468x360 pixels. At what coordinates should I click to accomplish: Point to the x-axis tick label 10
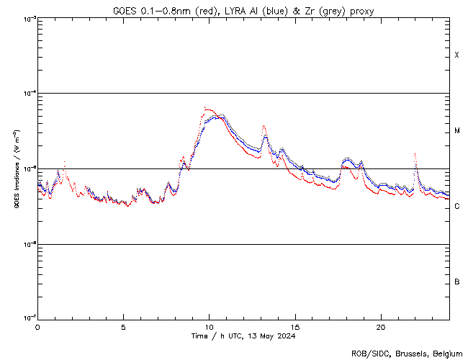coord(210,326)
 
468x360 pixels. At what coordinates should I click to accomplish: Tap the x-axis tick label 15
coord(295,326)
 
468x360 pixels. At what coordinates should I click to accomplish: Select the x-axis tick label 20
coord(381,326)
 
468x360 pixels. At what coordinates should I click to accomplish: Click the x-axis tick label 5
coord(124,326)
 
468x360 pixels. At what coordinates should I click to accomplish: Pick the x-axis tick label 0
coord(37,326)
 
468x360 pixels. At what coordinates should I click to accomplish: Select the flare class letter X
coord(457,55)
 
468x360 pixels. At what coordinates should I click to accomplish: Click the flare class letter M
coord(457,131)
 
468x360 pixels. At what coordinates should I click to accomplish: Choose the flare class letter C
coord(457,207)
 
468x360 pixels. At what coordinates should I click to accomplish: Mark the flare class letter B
coord(457,282)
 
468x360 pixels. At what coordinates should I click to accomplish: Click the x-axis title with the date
coord(243,336)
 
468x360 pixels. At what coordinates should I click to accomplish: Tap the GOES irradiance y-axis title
coord(16,169)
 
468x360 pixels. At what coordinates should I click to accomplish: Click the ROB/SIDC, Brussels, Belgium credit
coord(407,353)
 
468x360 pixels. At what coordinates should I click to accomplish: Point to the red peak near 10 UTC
coord(206,109)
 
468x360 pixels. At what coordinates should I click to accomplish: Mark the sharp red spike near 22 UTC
coord(415,153)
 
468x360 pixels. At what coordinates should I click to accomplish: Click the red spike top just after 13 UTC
coord(264,125)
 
